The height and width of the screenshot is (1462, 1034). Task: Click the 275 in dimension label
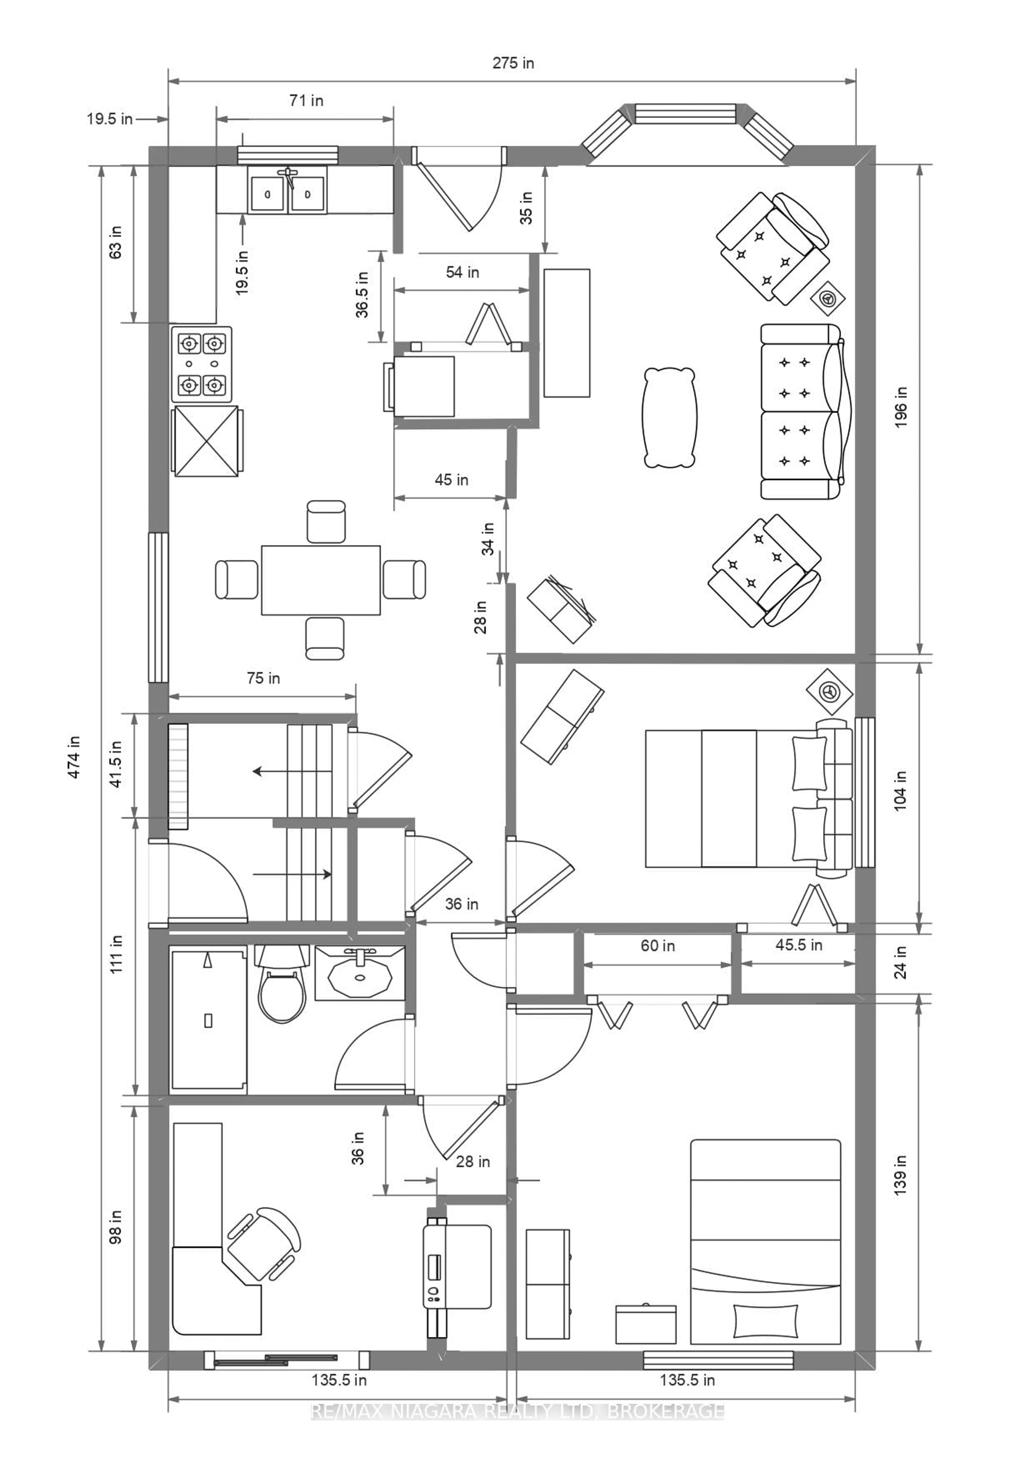pos(513,63)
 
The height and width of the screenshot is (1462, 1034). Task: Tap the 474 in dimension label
pos(75,757)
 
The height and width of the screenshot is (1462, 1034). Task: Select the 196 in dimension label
pos(901,408)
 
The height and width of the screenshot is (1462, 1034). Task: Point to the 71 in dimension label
pos(306,101)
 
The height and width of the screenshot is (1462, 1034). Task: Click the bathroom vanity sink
pos(360,973)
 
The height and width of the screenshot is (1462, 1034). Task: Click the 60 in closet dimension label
pos(658,946)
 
